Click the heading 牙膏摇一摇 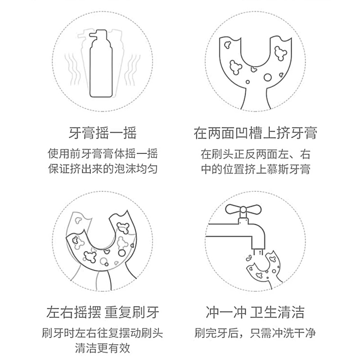click(x=103, y=134)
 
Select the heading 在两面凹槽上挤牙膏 click(x=256, y=134)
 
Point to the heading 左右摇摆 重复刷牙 click(x=103, y=312)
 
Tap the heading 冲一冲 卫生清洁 click(x=255, y=312)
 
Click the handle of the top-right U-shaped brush click(x=256, y=99)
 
